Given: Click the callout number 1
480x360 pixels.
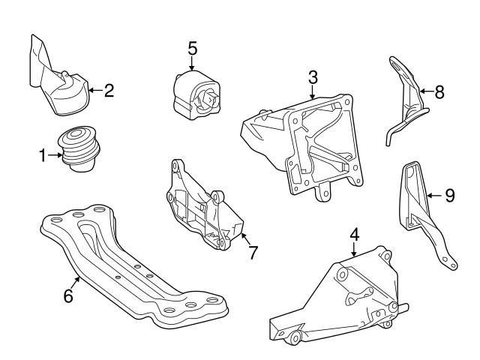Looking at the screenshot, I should click(43, 155).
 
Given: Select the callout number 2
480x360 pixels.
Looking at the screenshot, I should click(109, 92).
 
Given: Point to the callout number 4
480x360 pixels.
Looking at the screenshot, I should click(354, 234).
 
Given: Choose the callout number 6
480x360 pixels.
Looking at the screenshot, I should click(68, 295).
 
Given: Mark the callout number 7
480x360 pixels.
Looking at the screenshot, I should click(253, 253).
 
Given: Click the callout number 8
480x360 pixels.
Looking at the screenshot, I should click(439, 92).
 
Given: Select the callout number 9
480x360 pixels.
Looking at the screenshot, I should click(449, 196).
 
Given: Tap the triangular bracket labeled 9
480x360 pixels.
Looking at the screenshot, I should click(420, 214).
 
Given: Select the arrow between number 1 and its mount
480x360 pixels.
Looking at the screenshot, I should click(55, 155).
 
